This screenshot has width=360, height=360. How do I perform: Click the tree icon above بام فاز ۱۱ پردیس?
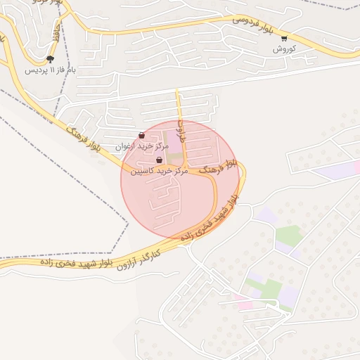tap(50, 60)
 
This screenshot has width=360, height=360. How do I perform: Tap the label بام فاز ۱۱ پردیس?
tap(50, 70)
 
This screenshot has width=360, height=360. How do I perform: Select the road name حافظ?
tap(56, 30)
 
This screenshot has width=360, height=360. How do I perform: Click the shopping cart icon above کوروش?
tap(283, 39)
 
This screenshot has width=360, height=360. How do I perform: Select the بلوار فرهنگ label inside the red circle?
tap(214, 169)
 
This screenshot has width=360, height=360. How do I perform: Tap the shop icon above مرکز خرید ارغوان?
tap(141, 135)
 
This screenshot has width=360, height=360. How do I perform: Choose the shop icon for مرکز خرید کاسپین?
tap(160, 160)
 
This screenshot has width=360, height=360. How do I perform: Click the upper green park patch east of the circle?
tap(288, 236)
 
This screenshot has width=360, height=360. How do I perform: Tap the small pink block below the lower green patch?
tap(243, 304)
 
